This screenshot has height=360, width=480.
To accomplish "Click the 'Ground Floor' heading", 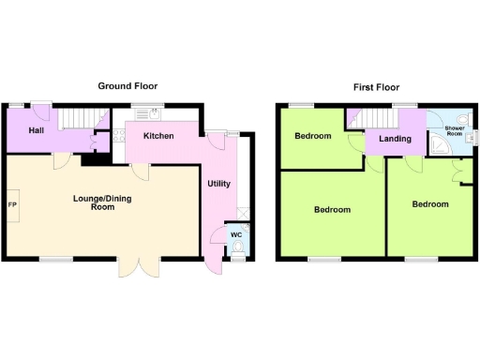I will pyautogui.click(x=127, y=86).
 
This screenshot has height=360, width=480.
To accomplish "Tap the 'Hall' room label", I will pyautogui.click(x=37, y=130).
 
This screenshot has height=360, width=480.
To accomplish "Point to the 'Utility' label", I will pyautogui.click(x=218, y=184).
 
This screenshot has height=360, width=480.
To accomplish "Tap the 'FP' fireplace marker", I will pyautogui.click(x=13, y=204).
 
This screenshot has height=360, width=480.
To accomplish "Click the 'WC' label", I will pyautogui.click(x=236, y=233).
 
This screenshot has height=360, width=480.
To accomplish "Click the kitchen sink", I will pyautogui.click(x=146, y=114).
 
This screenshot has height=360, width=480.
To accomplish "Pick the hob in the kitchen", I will pyautogui.click(x=119, y=136).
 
